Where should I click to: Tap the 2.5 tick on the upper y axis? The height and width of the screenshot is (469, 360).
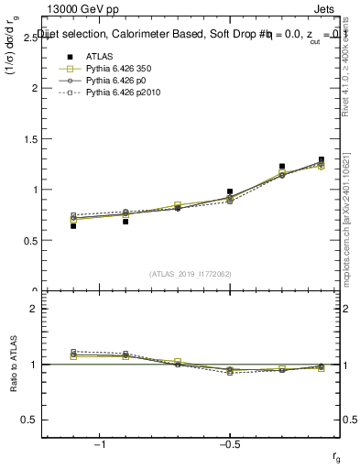click(29, 38)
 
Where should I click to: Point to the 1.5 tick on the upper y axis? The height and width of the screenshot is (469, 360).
click(29, 139)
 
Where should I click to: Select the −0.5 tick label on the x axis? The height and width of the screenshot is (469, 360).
click(229, 444)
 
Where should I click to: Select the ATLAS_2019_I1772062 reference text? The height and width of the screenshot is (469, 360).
click(191, 273)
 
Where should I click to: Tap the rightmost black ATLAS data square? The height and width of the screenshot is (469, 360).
click(322, 159)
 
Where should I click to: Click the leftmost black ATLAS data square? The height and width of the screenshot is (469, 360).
click(73, 225)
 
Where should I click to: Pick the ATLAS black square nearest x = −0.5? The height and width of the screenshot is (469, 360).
click(230, 191)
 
